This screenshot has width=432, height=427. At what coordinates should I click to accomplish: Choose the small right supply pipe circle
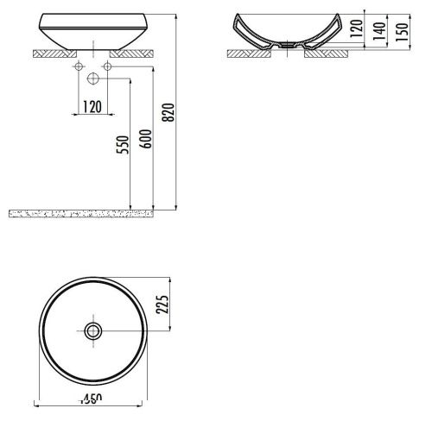[x=106, y=66]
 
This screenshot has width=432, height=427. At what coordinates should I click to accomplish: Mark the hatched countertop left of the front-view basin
[x=48, y=52]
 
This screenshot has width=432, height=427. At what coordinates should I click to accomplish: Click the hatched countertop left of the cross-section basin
[x=246, y=53]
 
